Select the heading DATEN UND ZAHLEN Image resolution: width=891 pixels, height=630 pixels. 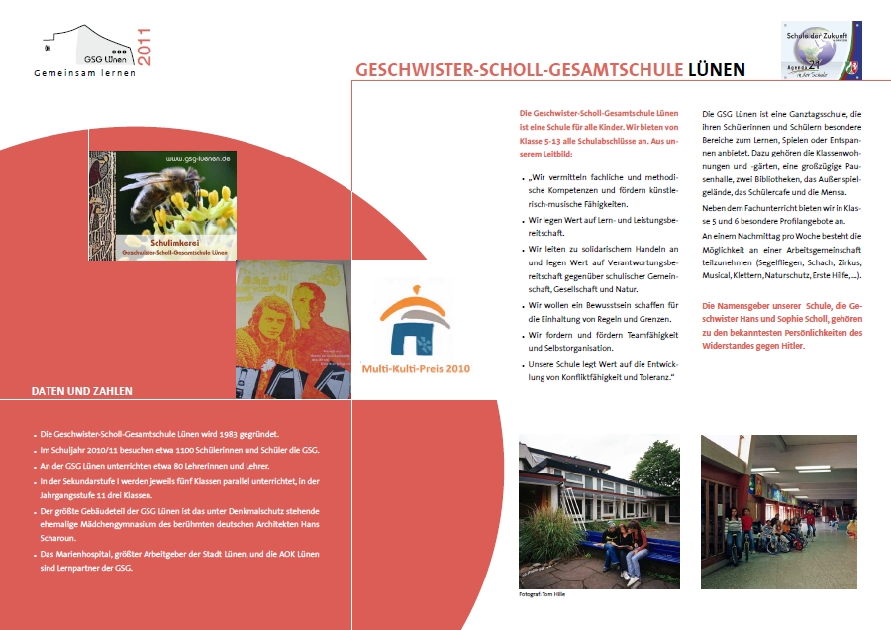(x=81, y=391)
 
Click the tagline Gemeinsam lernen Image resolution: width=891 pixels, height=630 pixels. (x=84, y=74)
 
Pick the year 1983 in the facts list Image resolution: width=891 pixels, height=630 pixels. (x=240, y=435)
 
